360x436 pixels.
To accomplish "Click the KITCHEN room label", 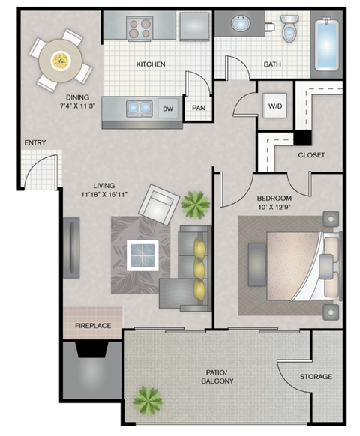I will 151,64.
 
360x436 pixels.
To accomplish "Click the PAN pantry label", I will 199,108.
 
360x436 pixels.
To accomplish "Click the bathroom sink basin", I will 241,24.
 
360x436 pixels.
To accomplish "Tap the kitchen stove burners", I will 140,28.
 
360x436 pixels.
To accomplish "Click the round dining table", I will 59,57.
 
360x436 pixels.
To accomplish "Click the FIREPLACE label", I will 92,326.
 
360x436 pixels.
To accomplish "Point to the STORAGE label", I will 316,377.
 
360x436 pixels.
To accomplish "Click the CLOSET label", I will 311,155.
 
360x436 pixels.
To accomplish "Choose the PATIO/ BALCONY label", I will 218,377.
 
